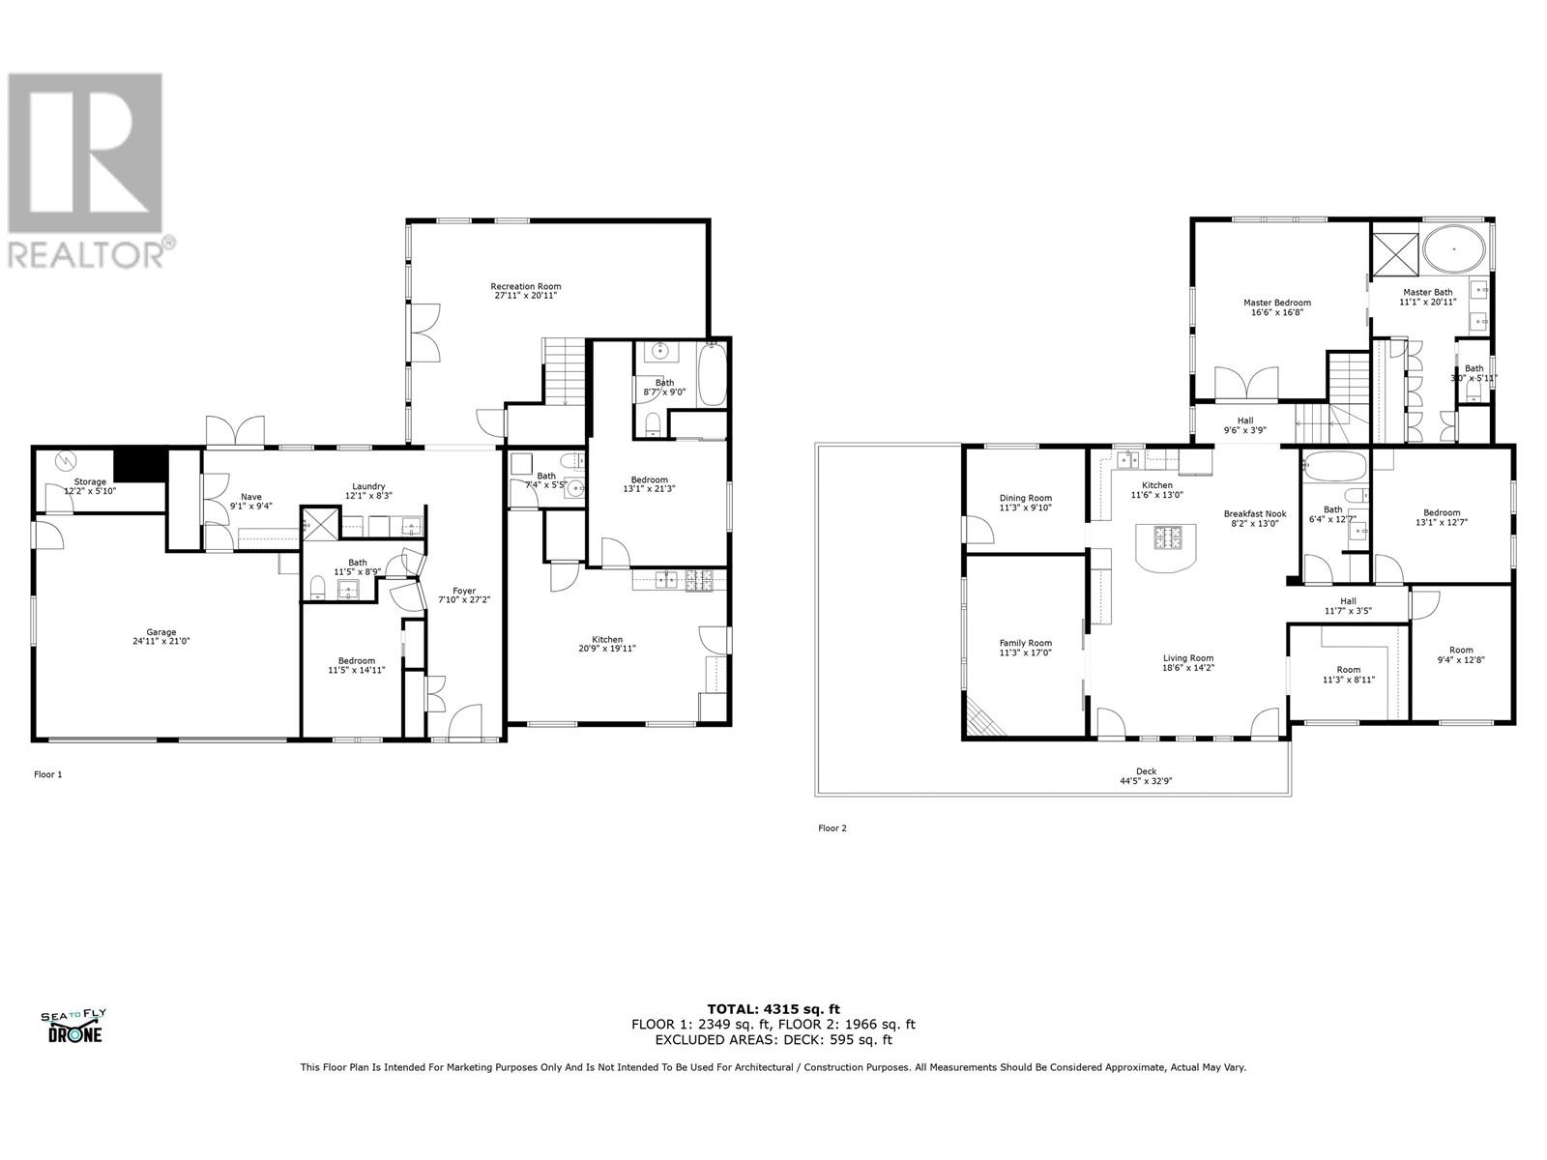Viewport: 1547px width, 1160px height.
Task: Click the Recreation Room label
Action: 525,286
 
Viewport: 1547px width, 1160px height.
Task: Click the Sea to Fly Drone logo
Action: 73,1026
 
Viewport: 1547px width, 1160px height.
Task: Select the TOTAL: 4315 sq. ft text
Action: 773,1009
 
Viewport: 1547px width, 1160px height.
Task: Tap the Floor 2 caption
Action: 832,828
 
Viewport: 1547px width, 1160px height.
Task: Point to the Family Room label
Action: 1025,643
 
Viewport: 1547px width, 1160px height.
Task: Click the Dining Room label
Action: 1025,499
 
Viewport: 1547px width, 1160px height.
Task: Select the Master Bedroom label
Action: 1276,303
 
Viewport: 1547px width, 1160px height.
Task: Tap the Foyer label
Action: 464,591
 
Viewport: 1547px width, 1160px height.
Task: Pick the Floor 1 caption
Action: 47,774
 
